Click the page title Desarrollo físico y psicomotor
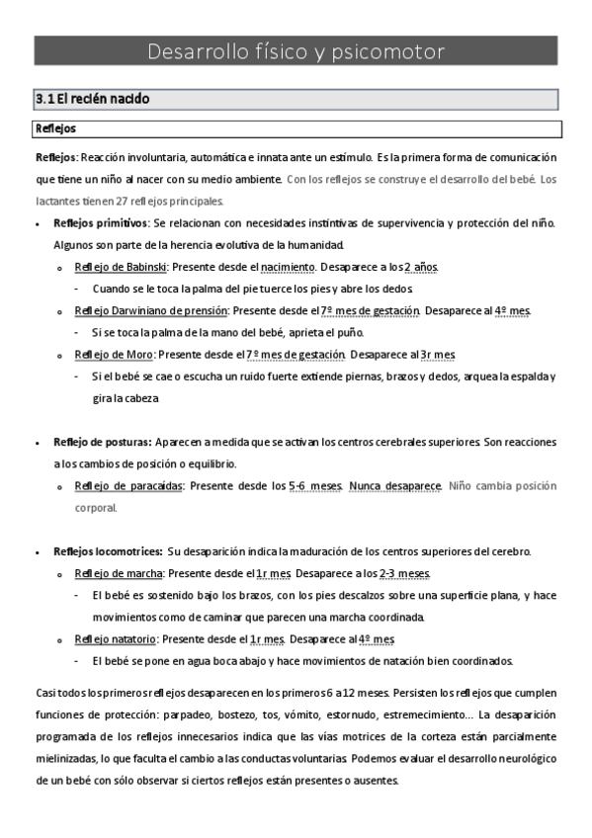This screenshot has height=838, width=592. click(296, 51)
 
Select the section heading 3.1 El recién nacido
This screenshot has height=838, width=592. click(91, 99)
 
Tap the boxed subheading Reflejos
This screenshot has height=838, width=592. click(55, 128)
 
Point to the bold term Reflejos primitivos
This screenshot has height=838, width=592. click(100, 222)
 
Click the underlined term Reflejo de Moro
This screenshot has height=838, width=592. click(114, 354)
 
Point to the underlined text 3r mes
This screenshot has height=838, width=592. click(437, 354)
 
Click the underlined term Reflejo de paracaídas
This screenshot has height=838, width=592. click(127, 486)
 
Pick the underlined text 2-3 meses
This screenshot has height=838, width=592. click(402, 573)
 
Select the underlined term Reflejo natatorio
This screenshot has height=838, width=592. click(116, 638)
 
